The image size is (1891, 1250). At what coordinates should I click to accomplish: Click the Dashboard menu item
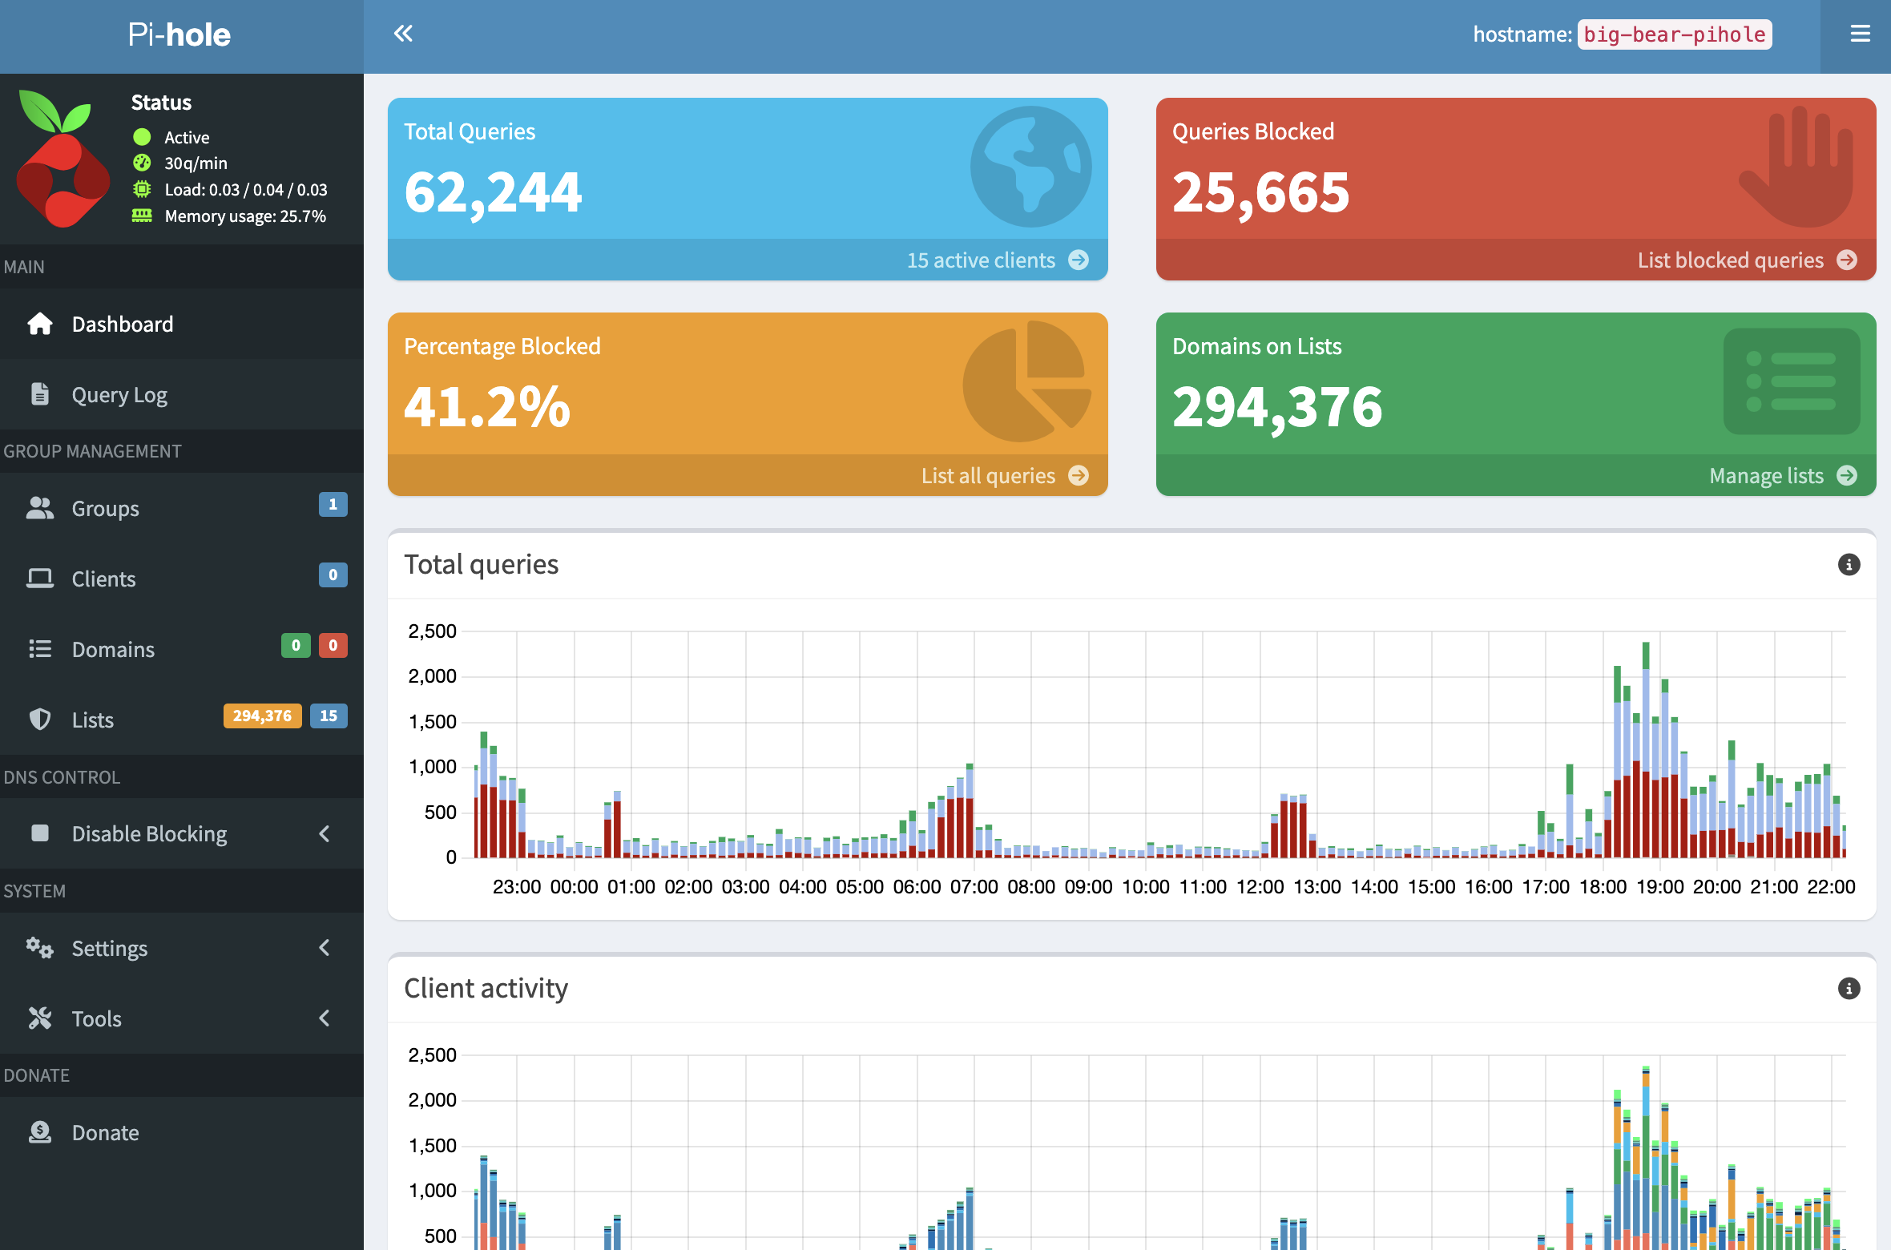pyautogui.click(x=122, y=324)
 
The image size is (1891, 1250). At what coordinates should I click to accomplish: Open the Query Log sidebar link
pyautogui.click(x=119, y=394)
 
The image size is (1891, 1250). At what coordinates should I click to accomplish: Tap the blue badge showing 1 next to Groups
pyautogui.click(x=333, y=505)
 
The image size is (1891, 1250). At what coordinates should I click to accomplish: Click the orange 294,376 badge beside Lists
pyautogui.click(x=262, y=716)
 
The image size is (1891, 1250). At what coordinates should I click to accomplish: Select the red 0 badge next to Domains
pyautogui.click(x=333, y=646)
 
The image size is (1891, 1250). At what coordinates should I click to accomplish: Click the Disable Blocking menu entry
pyautogui.click(x=149, y=833)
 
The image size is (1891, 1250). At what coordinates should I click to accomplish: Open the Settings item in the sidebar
pyautogui.click(x=110, y=948)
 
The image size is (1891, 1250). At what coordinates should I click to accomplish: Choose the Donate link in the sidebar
pyautogui.click(x=105, y=1132)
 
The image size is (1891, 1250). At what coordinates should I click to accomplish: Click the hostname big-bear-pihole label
pyautogui.click(x=1674, y=34)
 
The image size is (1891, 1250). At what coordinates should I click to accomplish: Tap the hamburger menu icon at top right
pyautogui.click(x=1860, y=34)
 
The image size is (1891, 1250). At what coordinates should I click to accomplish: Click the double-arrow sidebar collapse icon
pyautogui.click(x=403, y=34)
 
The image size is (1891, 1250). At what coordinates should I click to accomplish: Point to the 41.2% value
pyautogui.click(x=486, y=406)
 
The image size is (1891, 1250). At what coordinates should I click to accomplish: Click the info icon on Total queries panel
pyautogui.click(x=1849, y=564)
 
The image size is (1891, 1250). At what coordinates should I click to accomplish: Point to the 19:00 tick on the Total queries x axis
pyautogui.click(x=1659, y=887)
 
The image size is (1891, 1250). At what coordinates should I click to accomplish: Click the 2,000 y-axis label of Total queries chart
pyautogui.click(x=432, y=676)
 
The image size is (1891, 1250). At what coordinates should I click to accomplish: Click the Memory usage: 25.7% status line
pyautogui.click(x=244, y=216)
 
